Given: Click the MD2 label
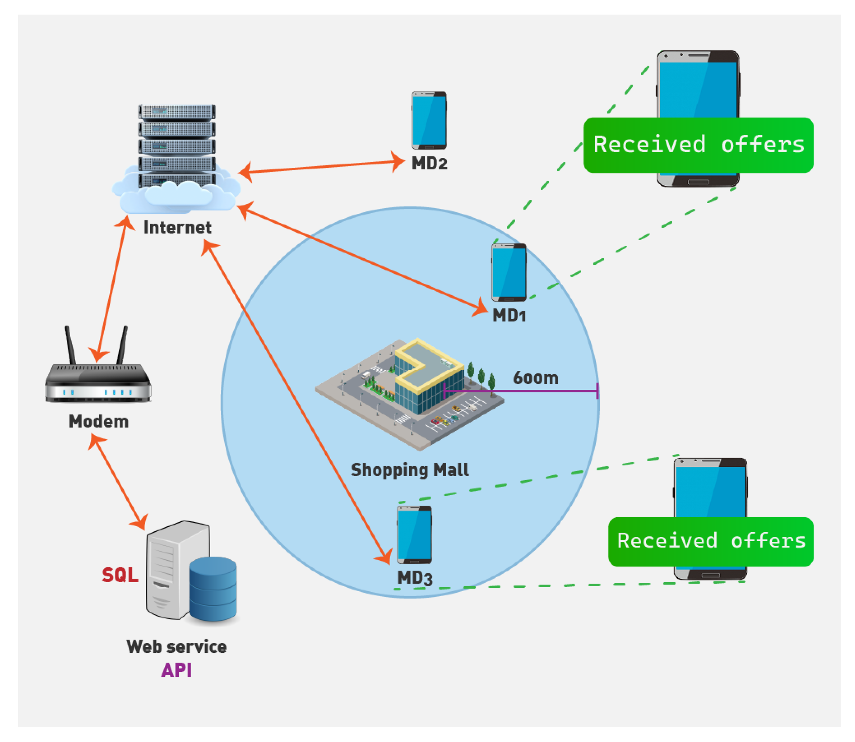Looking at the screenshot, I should pos(429,164).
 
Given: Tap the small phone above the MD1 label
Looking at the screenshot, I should pos(509,272).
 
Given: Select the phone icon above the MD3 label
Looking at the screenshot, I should pos(414,535).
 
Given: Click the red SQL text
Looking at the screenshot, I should pos(120,575).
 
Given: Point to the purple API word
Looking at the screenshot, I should pos(176,670).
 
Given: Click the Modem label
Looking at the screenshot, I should pos(98,422).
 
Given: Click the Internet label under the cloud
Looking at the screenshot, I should pos(177,227).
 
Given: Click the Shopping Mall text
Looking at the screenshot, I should pos(410,470).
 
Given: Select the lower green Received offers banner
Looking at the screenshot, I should pos(711,541).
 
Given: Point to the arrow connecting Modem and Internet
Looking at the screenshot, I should pos(111,290).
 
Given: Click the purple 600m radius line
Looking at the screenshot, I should pos(538,390).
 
